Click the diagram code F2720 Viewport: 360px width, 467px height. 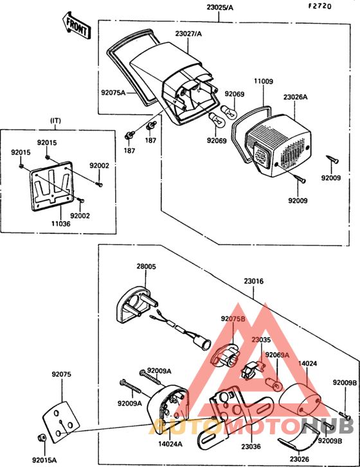[319, 6]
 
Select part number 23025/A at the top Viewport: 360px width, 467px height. [220, 8]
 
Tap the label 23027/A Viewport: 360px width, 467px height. [188, 33]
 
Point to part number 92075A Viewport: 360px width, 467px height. [113, 93]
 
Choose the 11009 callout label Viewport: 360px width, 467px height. [264, 81]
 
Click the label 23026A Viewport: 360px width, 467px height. [295, 97]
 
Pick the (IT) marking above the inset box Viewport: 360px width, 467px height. [55, 121]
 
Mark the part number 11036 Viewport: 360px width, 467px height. [61, 224]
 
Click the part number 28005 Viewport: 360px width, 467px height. [147, 267]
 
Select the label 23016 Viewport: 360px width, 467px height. [254, 281]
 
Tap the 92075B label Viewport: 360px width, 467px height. [233, 319]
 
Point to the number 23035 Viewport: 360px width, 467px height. [261, 340]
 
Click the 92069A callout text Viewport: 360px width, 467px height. [277, 355]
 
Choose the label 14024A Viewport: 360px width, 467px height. [170, 444]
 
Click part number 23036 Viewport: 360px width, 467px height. [251, 446]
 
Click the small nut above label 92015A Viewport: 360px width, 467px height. [41, 438]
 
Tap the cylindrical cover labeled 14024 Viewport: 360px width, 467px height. [300, 400]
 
